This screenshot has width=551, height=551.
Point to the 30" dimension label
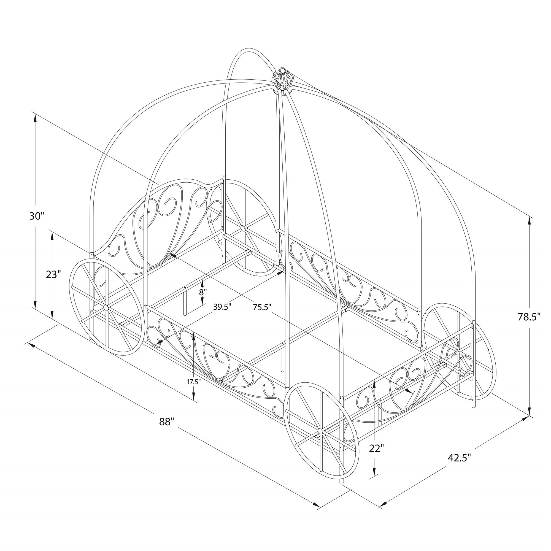click(37, 216)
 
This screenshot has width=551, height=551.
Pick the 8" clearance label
click(203, 292)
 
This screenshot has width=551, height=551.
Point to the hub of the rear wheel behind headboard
click(243, 228)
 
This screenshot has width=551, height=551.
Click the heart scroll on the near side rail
click(217, 356)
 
